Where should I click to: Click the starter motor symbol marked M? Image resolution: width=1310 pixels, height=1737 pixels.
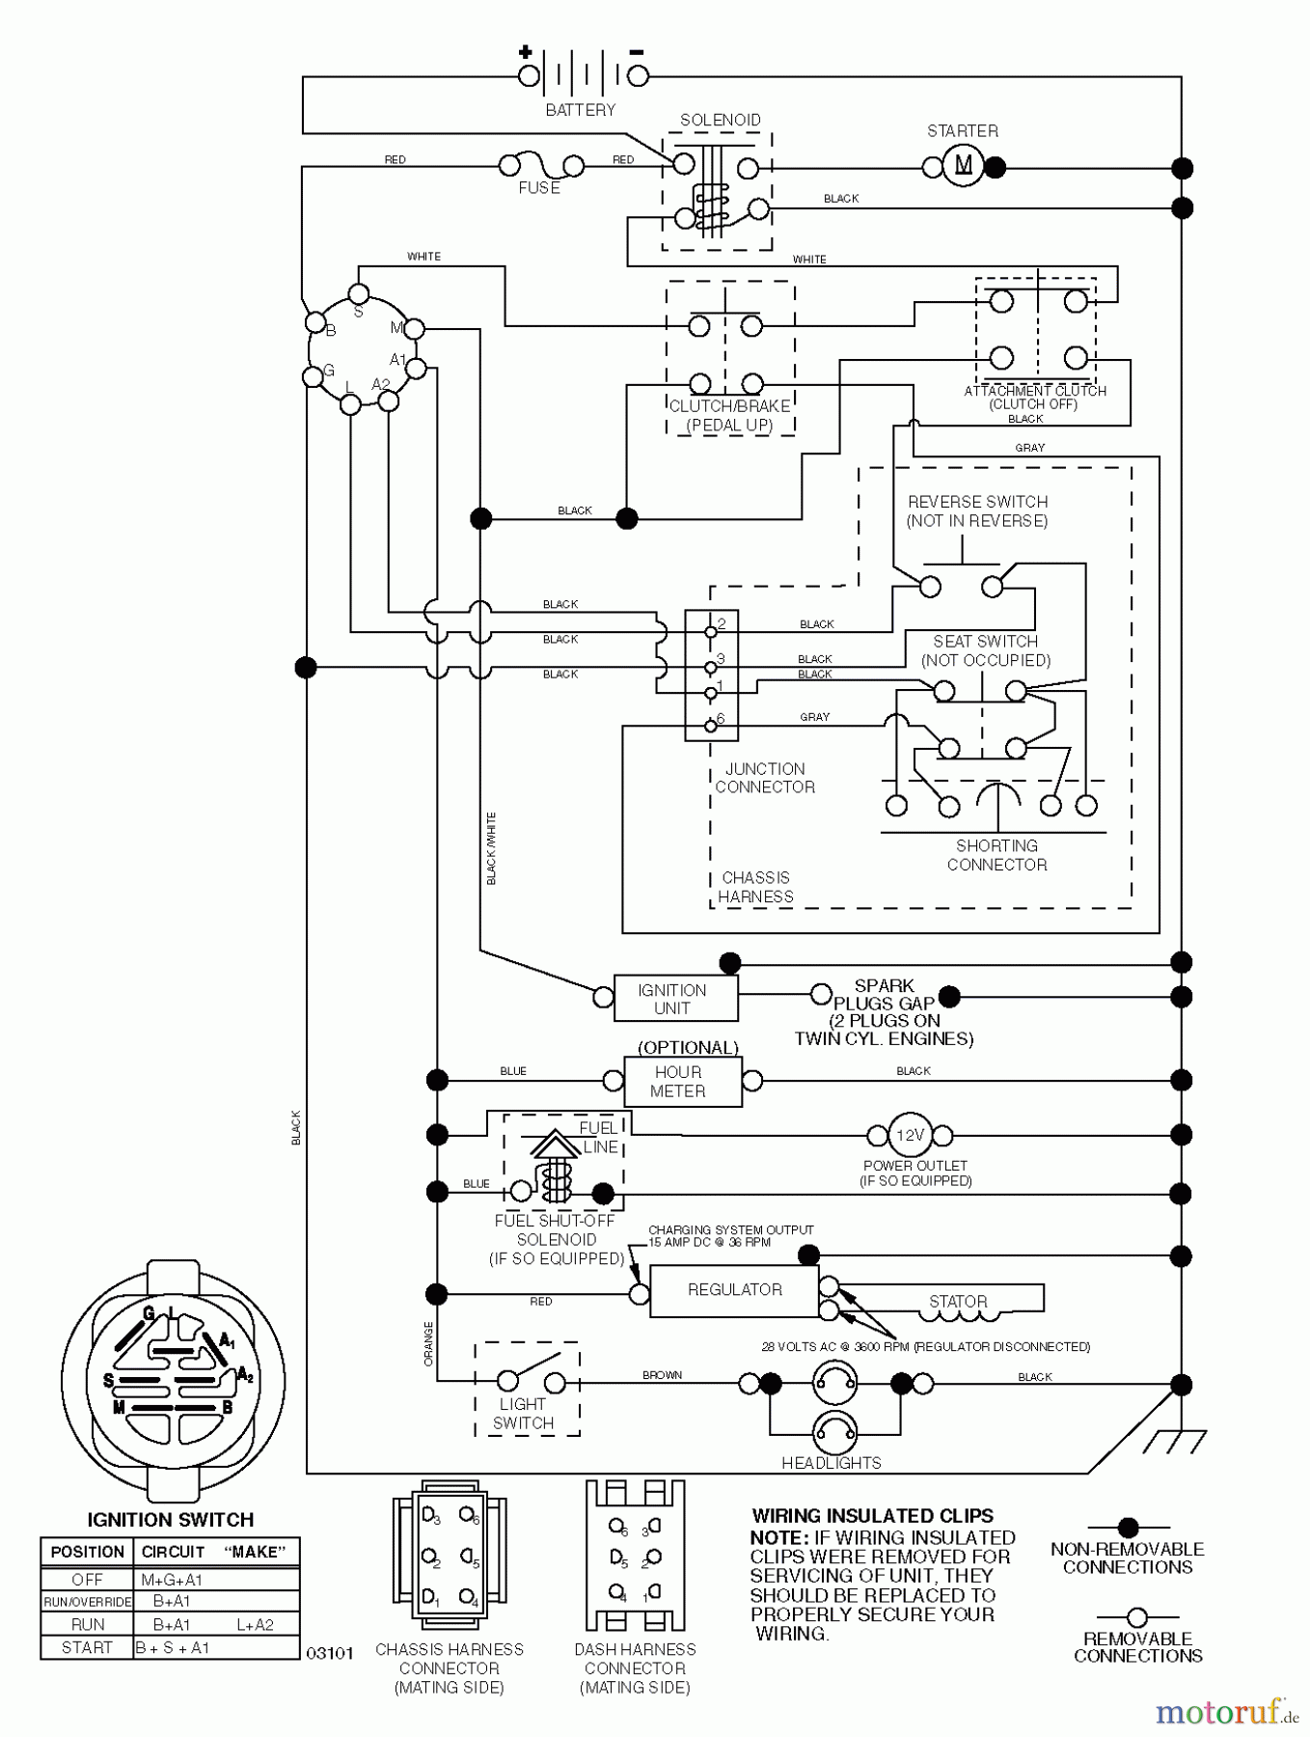[x=963, y=166]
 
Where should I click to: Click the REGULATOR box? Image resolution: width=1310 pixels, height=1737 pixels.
[x=734, y=1289]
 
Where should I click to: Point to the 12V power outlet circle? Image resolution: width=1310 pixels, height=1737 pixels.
[x=910, y=1136]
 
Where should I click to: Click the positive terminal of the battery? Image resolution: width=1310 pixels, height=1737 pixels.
[x=529, y=76]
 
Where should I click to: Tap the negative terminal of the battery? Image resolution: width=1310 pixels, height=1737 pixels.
[x=638, y=76]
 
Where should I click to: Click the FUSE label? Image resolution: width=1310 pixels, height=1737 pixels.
[x=538, y=188]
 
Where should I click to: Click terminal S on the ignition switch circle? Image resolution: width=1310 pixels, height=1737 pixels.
[x=358, y=293]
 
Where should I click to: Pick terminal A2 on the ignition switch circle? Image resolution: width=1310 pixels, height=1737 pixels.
[x=388, y=400]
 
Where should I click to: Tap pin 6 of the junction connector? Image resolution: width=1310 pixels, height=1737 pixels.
[x=711, y=725]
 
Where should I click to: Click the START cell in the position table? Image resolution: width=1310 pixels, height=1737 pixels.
[x=87, y=1647]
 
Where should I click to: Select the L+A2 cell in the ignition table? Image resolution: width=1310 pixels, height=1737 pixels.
[x=255, y=1624]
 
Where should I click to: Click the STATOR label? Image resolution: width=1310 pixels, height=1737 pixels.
[x=958, y=1301]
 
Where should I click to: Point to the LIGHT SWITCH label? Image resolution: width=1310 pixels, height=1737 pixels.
[x=523, y=1413]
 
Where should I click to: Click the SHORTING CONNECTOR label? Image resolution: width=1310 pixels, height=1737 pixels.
[x=996, y=855]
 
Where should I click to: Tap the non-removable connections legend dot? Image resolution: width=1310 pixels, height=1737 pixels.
[x=1128, y=1528]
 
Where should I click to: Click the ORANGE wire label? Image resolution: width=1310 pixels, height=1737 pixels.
[x=428, y=1343]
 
